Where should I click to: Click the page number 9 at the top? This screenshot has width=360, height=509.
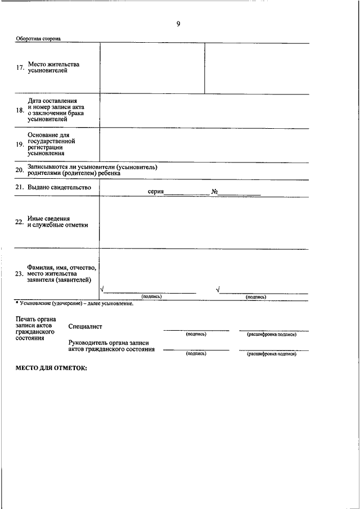coord(178,24)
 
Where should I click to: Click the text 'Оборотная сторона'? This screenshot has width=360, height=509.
coord(38,39)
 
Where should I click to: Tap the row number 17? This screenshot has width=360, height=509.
coord(20,68)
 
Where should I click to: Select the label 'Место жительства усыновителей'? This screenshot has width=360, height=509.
coord(53,68)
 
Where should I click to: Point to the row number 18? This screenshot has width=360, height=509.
coord(20,110)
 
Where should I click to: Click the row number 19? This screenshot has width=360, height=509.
coord(20,145)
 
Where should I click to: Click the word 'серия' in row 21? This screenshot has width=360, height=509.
coord(155,192)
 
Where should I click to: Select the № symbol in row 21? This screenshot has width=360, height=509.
coord(215,192)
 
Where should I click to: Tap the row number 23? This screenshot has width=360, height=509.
coord(20,274)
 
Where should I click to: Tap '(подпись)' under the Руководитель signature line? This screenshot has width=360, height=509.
coord(196,354)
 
